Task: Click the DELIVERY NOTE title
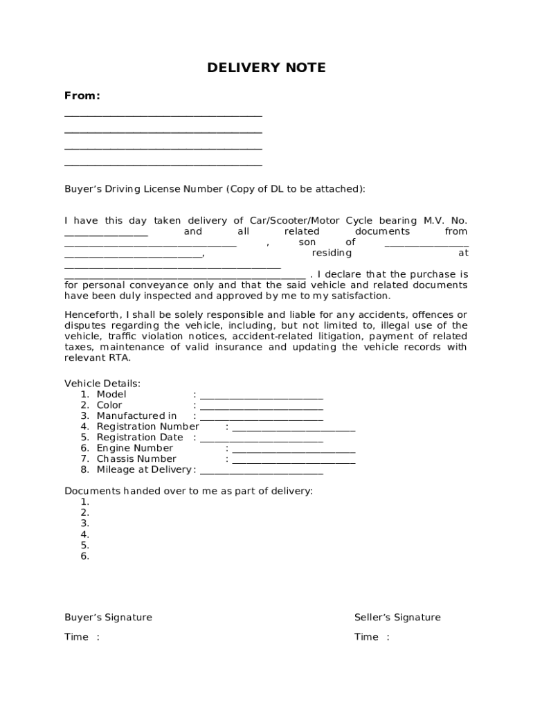pos(266,68)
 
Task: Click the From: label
pos(82,96)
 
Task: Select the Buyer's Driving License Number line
pos(214,189)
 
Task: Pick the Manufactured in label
pos(136,416)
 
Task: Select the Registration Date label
pos(140,438)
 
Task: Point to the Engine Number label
pos(134,449)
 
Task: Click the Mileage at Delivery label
pos(144,470)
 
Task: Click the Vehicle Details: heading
pos(102,384)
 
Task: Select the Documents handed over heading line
pos(188,492)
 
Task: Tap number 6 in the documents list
pos(84,557)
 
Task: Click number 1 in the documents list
pos(84,502)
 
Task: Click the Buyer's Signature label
pos(108,618)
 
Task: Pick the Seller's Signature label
pos(397,618)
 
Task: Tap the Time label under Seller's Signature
pos(366,638)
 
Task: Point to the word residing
pos(332,253)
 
